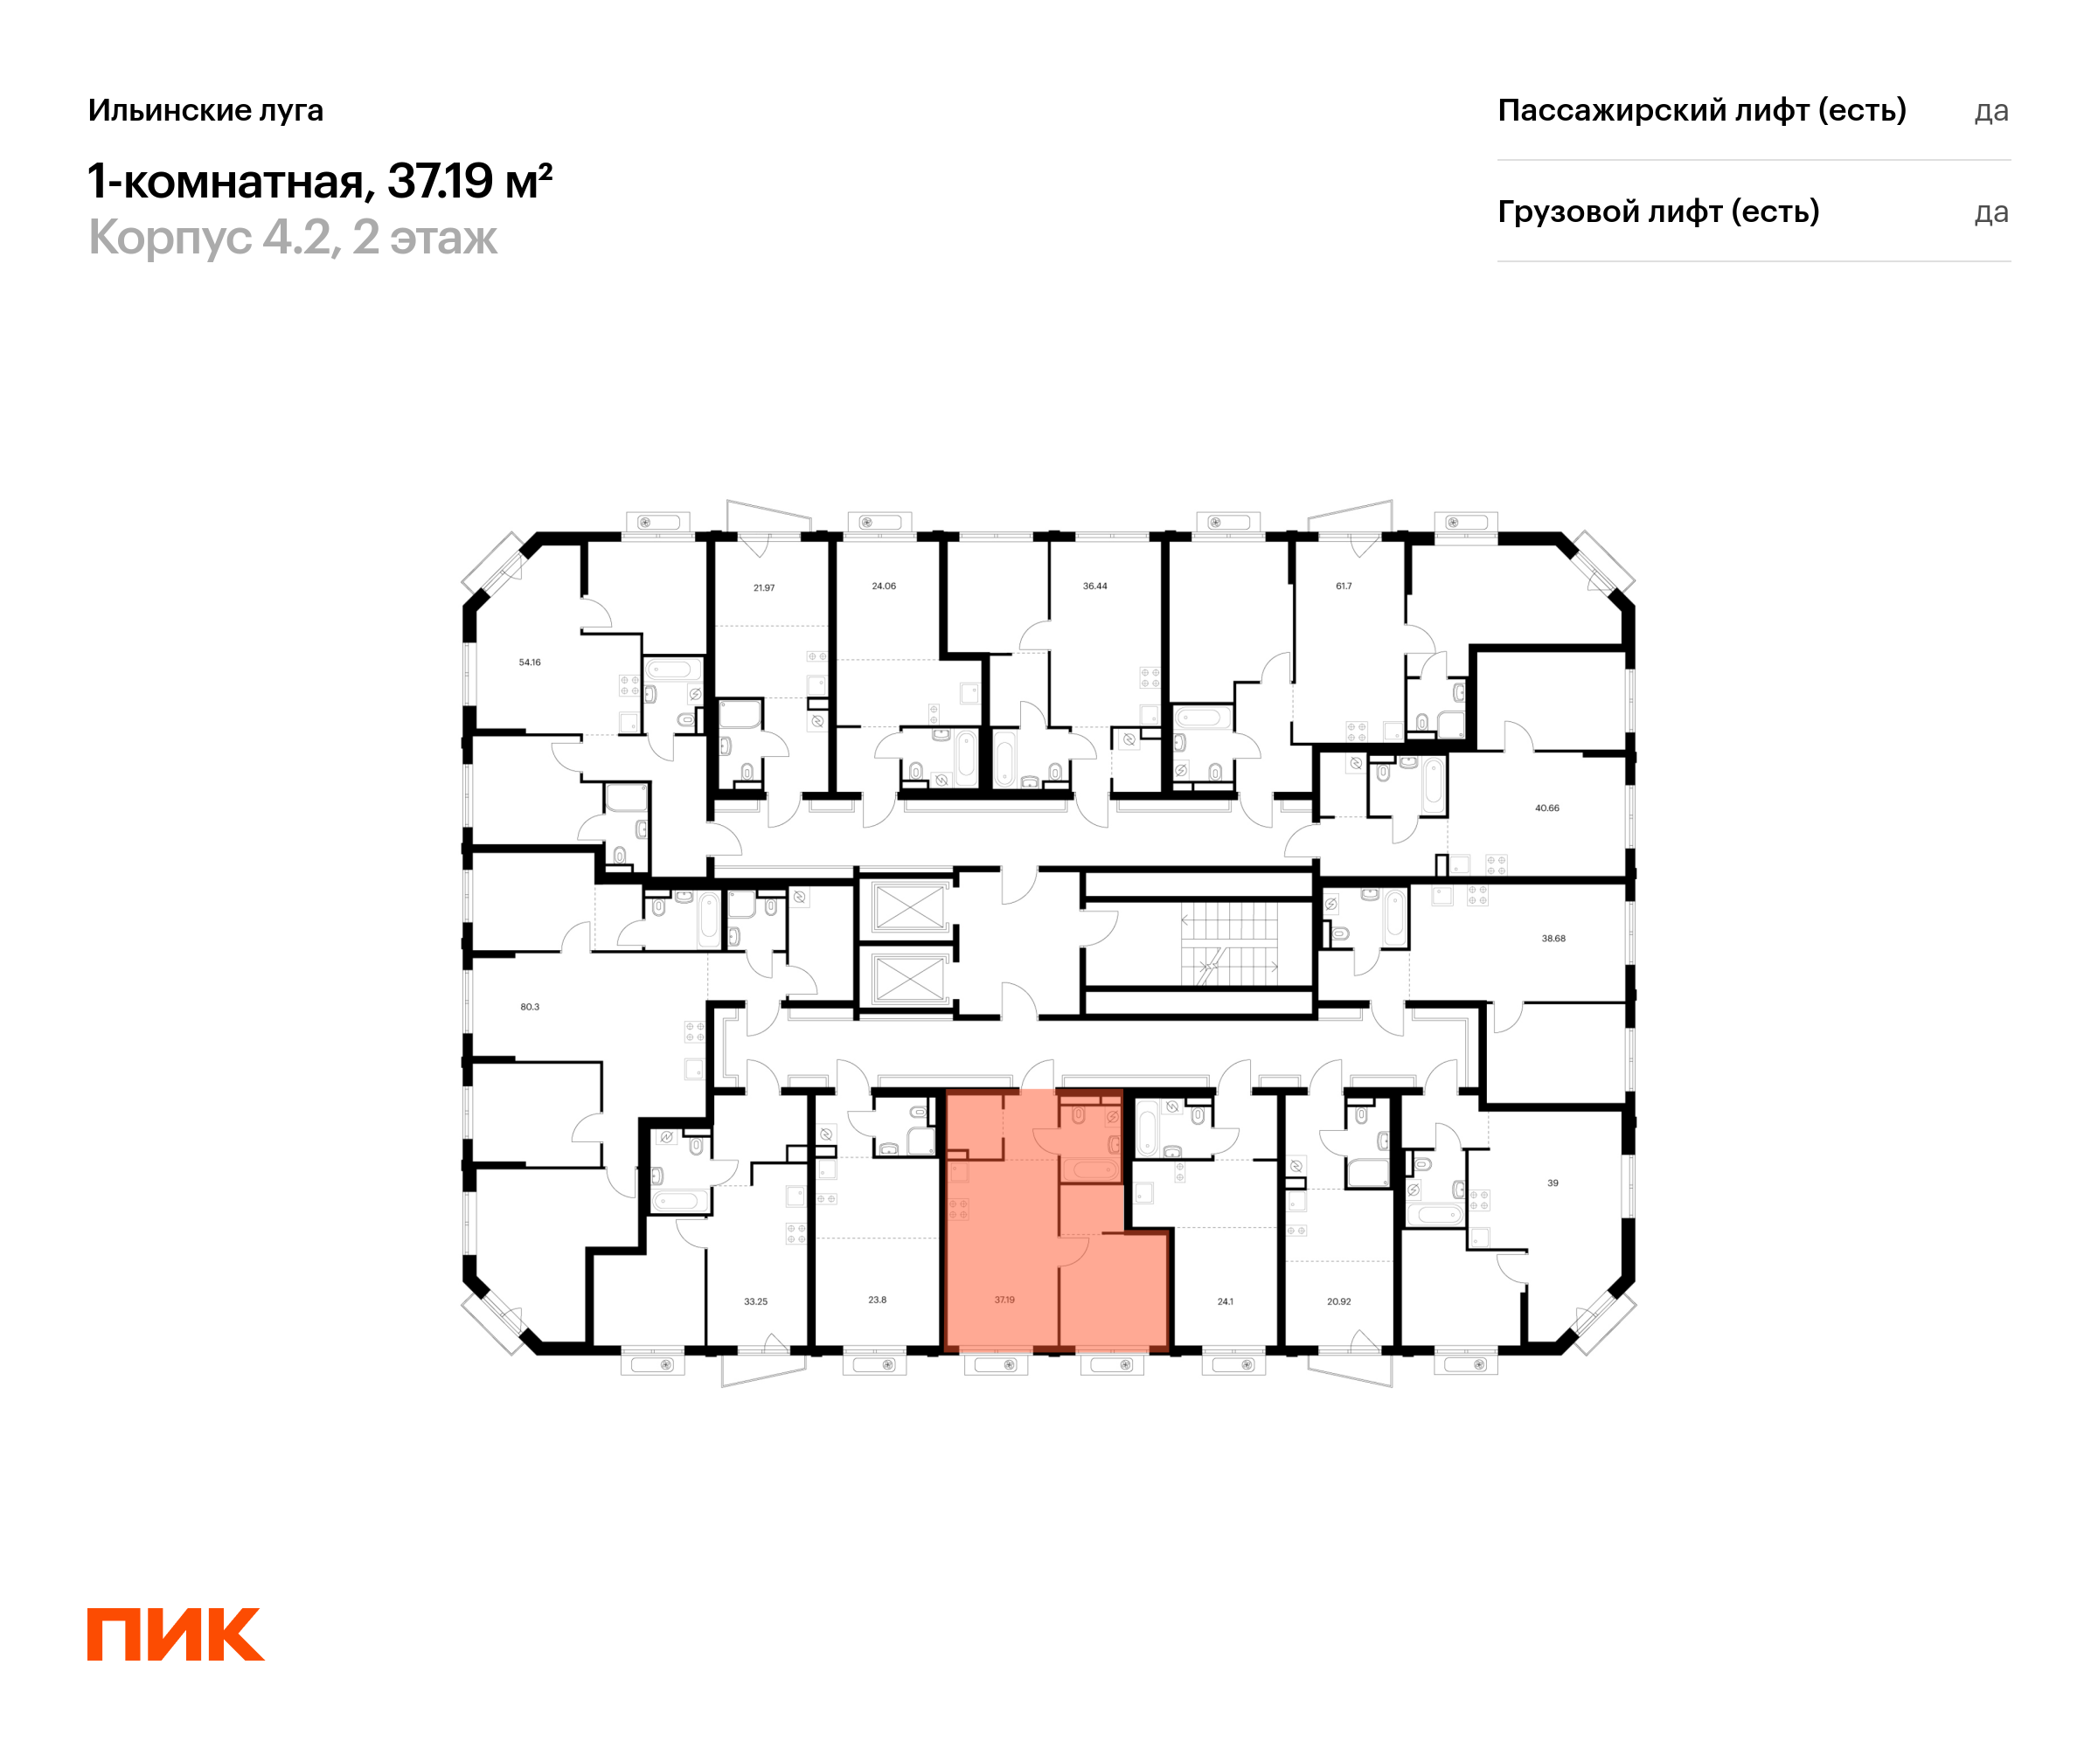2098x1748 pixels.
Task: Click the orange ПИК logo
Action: click(x=176, y=1634)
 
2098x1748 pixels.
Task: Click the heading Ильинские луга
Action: click(x=205, y=110)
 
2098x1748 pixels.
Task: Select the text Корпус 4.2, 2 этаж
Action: click(x=293, y=238)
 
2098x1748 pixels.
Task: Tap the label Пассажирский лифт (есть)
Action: click(x=1701, y=110)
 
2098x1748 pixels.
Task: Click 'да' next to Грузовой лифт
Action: click(x=1991, y=212)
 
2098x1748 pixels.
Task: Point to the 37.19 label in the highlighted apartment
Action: click(x=1004, y=1300)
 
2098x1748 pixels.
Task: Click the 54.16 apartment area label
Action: click(x=530, y=662)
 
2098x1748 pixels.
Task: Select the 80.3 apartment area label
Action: click(x=530, y=1007)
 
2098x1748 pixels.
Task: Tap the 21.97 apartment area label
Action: click(x=764, y=588)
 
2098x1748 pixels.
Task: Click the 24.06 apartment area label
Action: click(x=884, y=586)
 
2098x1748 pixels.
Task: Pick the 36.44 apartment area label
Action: click(x=1095, y=586)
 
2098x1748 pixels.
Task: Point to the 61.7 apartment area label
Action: click(x=1344, y=586)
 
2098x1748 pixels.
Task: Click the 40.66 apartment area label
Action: click(x=1546, y=808)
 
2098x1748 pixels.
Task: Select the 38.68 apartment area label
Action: click(x=1553, y=939)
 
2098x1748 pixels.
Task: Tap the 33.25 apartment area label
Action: click(x=756, y=1301)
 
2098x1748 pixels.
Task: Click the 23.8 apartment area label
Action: click(x=877, y=1300)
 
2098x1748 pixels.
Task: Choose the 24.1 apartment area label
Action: click(x=1226, y=1301)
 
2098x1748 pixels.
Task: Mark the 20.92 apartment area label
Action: click(x=1338, y=1301)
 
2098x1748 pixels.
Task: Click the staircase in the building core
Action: click(x=1229, y=943)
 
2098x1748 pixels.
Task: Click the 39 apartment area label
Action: click(x=1553, y=1183)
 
